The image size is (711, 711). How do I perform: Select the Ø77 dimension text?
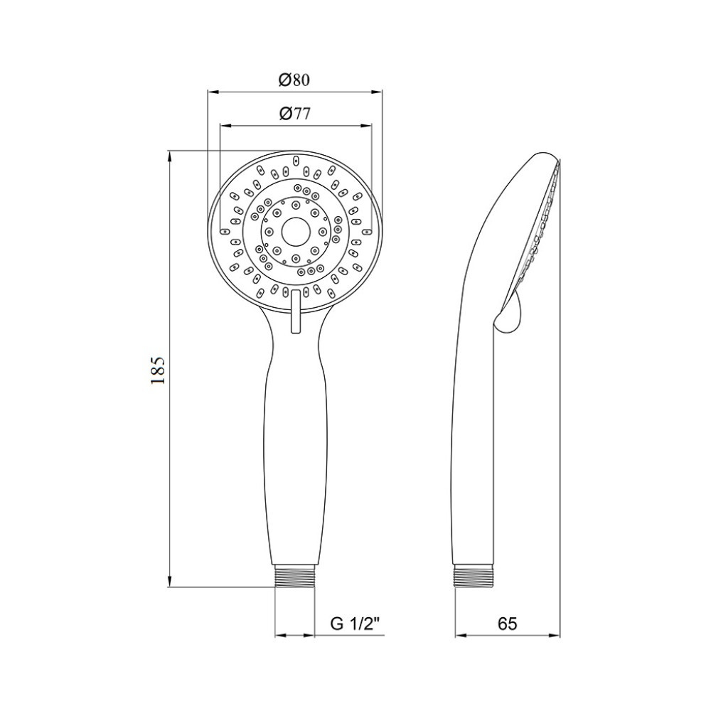[x=294, y=114]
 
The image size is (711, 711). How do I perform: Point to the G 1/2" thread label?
[x=355, y=625]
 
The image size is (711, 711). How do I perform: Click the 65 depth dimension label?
[x=506, y=624]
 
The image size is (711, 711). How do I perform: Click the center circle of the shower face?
[x=294, y=231]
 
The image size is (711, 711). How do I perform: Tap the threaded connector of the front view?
[x=295, y=577]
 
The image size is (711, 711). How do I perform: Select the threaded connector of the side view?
[x=474, y=577]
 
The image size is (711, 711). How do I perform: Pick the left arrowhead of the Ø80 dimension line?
[x=211, y=91]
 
